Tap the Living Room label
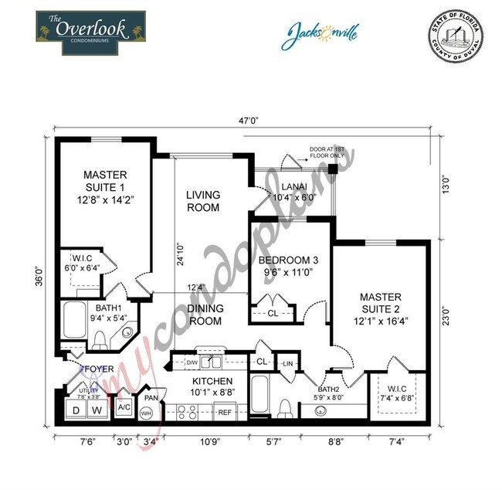[202, 201]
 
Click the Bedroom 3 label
[287, 265]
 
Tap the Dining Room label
[205, 315]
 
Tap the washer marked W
[97, 408]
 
